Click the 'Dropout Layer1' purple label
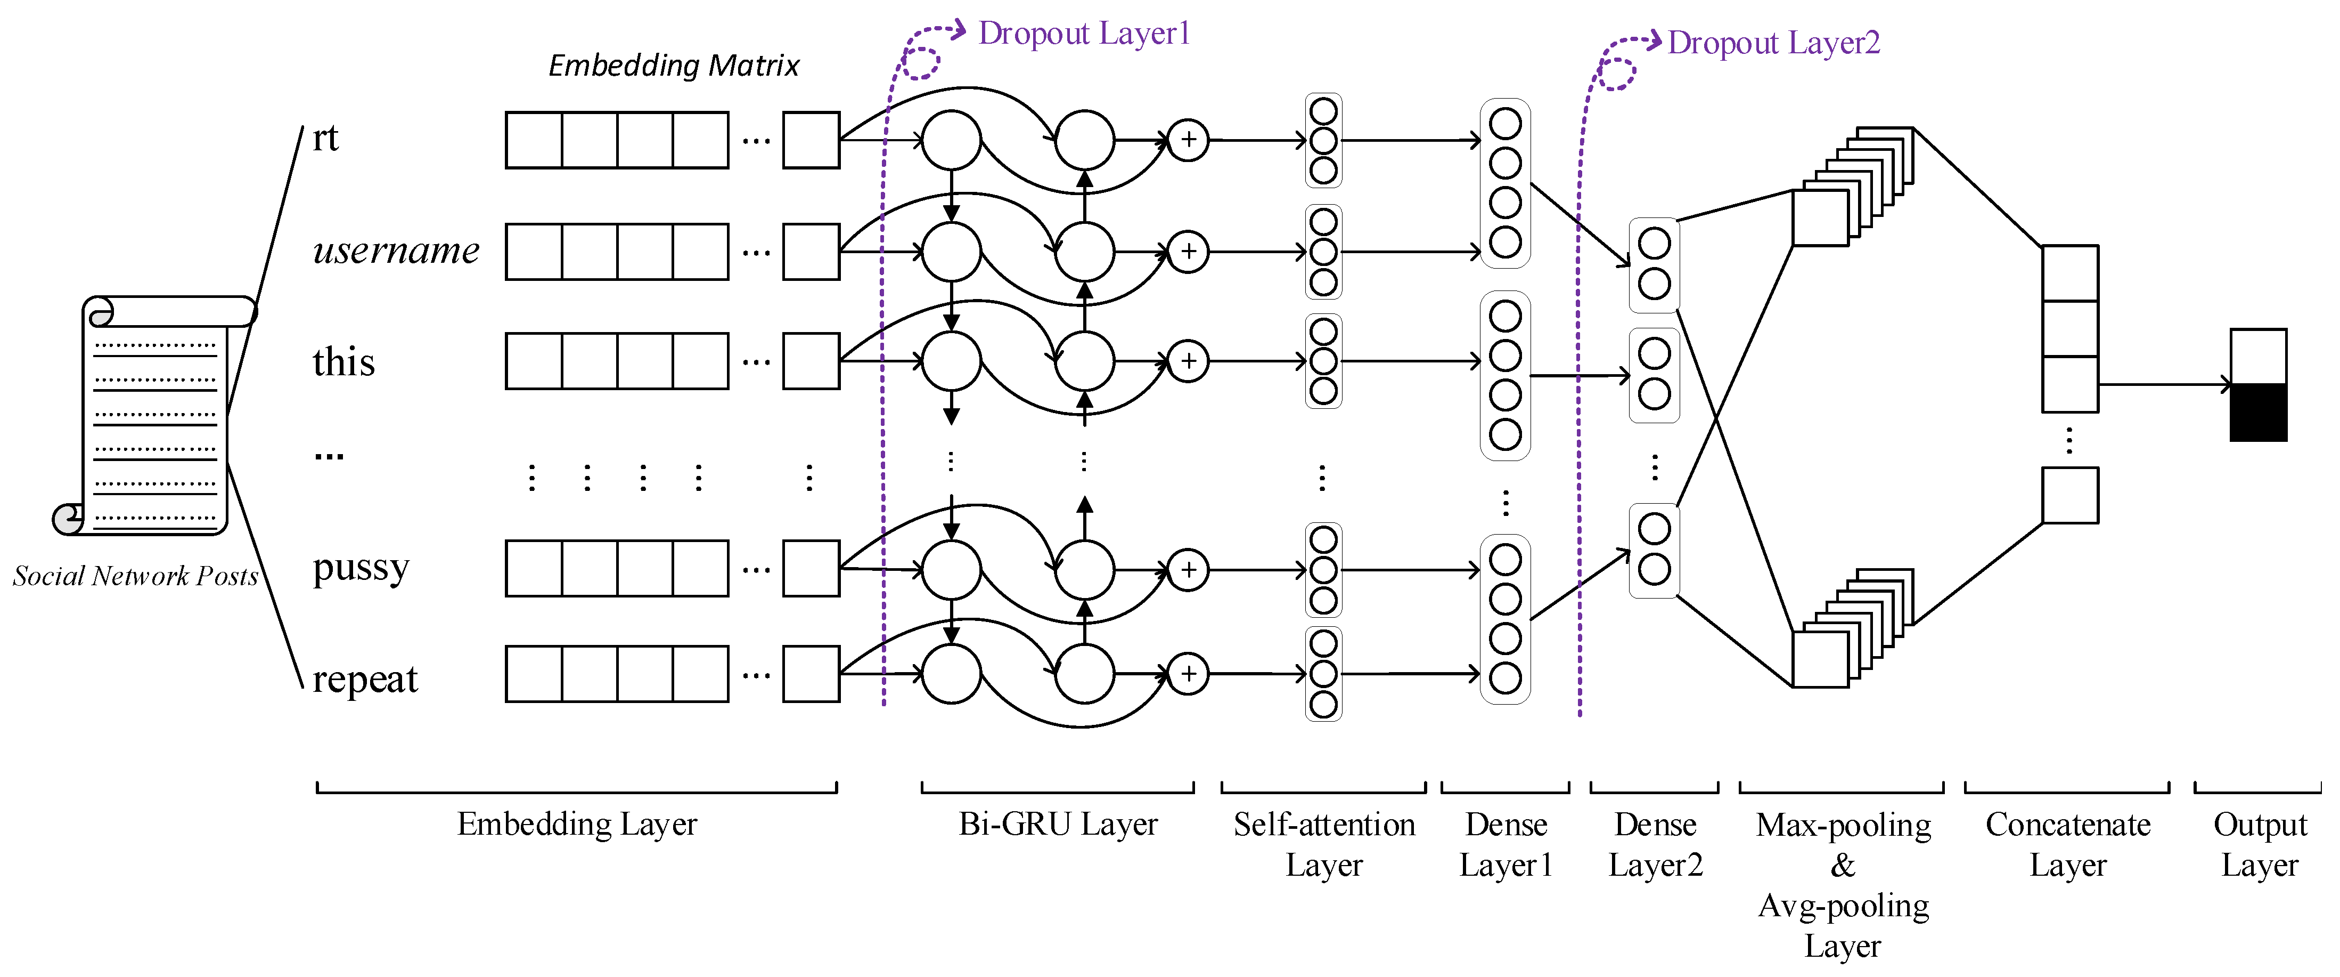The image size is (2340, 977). (1083, 34)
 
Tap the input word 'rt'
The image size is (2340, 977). (325, 138)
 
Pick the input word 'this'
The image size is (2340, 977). (343, 362)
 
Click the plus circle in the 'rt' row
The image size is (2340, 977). (1188, 140)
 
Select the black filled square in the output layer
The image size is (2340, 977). (2258, 413)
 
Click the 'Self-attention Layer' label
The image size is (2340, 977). (1323, 844)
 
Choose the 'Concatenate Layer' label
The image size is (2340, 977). (2067, 844)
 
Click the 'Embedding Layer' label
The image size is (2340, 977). (577, 825)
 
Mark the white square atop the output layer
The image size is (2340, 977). (2258, 356)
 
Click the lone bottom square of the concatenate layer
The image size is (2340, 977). (2069, 495)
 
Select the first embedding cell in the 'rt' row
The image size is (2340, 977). (534, 140)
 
